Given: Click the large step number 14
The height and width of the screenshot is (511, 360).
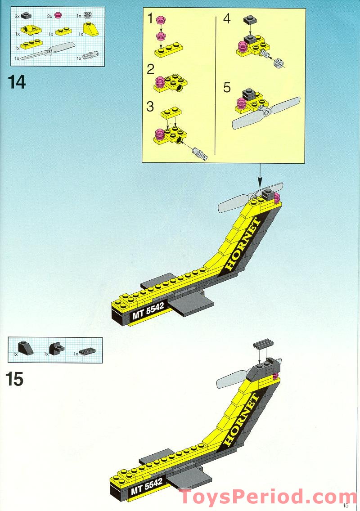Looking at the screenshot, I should [x=17, y=82].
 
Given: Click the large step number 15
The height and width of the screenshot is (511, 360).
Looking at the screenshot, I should [x=15, y=379].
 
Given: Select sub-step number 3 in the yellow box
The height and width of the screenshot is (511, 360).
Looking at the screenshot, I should [x=150, y=107].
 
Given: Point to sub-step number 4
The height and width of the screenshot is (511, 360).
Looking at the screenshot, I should [x=227, y=19].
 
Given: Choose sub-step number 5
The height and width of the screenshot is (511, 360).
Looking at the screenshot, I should [x=227, y=87].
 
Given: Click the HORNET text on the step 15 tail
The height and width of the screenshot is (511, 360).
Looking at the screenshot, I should [x=242, y=420].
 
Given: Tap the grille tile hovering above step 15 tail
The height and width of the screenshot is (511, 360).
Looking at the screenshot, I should [x=263, y=344].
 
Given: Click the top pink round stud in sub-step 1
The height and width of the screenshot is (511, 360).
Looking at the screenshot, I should [x=160, y=19].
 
